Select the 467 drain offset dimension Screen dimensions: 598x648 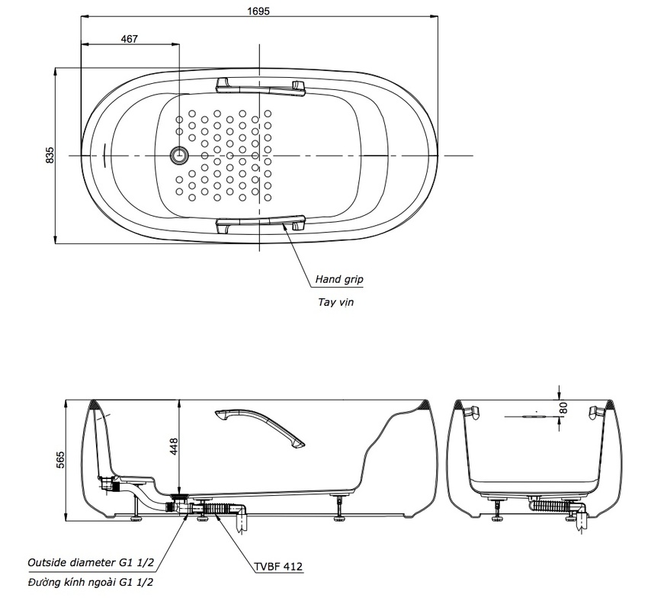coord(130,40)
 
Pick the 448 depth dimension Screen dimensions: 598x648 coord(173,447)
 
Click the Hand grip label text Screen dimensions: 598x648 coord(339,280)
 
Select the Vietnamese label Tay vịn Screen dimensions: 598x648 coord(335,302)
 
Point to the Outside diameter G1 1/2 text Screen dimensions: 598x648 coord(90,562)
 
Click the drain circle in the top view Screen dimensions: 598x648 coord(179,155)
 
